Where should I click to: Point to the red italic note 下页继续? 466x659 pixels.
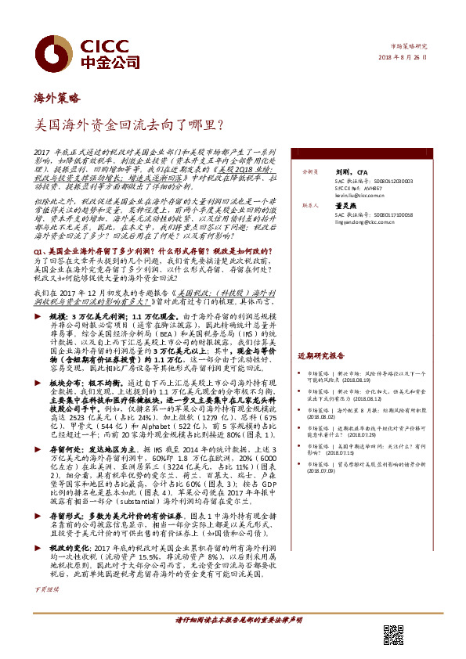[46, 609]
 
